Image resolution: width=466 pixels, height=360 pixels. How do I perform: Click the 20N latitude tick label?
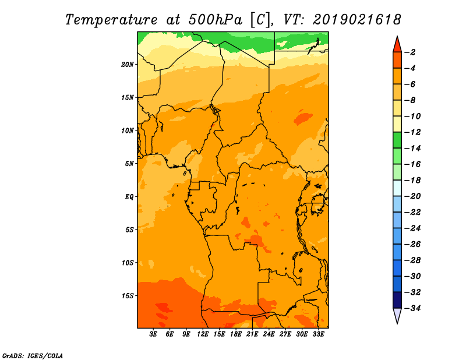pos(128,65)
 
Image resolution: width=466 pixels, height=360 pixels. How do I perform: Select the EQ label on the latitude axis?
pos(129,197)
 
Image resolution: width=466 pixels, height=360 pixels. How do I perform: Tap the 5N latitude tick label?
pos(129,164)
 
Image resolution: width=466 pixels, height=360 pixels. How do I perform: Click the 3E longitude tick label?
pos(153,334)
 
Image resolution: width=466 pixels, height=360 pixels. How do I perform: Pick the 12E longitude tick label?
pos(203,334)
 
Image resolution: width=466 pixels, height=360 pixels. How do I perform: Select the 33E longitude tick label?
pos(318,334)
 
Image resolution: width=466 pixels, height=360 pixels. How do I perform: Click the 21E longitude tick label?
pos(252,334)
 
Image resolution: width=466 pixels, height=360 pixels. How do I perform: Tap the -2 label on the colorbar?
pos(411,52)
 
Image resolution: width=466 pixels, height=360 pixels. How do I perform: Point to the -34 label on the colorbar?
pos(413,308)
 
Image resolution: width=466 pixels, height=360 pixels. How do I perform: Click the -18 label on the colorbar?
pos(413,181)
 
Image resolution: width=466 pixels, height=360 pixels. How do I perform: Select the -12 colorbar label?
pos(413,132)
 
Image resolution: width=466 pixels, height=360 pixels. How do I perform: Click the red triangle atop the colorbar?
pos(397,45)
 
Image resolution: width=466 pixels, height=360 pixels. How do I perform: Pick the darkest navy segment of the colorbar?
pos(397,300)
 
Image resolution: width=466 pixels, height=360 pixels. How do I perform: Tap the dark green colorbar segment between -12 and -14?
pos(397,140)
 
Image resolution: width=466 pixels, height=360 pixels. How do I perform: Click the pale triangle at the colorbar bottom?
pos(397,315)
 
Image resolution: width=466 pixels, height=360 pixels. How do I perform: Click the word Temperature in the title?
pos(111,20)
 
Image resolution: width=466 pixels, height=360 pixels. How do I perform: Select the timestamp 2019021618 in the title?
pos(357,20)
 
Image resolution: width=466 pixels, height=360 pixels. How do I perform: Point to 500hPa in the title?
pos(216,20)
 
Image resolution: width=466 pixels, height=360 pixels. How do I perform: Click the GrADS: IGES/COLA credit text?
pos(33,355)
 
